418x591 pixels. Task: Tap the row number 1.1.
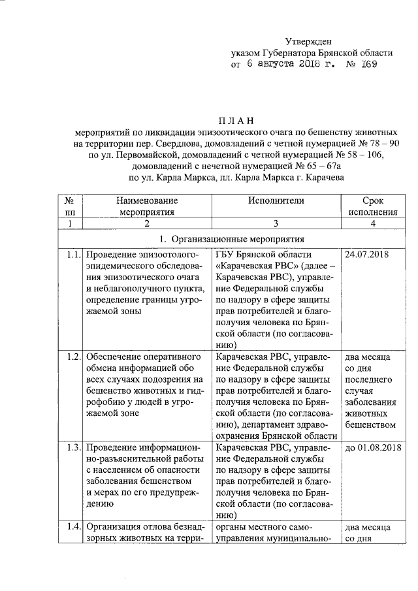click(x=72, y=254)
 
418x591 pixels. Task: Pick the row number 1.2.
click(x=72, y=357)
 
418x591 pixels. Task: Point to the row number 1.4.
click(x=72, y=526)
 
